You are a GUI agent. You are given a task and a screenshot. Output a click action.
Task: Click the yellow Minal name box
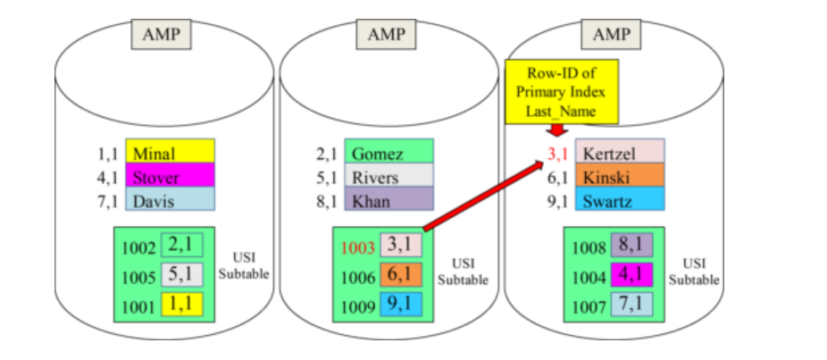point(170,154)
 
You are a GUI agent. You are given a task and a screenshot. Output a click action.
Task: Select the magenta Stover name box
point(170,177)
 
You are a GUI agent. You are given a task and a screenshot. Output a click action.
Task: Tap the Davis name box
point(170,201)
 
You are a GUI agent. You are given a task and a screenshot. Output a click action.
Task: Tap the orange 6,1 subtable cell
point(398,274)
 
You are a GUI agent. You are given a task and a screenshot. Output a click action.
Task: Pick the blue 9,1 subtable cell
point(398,305)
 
